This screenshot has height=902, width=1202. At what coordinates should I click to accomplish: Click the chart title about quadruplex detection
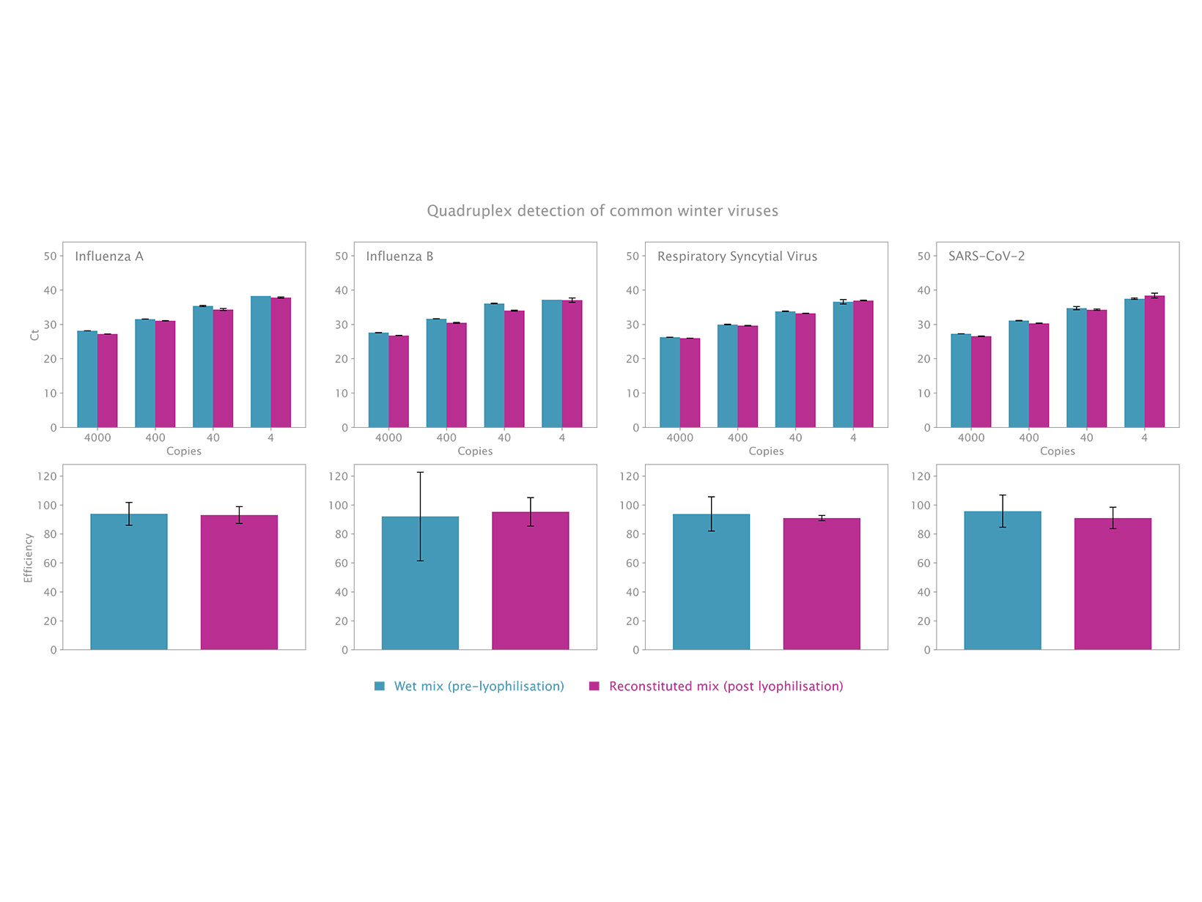(x=602, y=211)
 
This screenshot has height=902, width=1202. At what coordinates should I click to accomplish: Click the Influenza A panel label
(x=109, y=256)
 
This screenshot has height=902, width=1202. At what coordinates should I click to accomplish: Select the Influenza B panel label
(x=399, y=256)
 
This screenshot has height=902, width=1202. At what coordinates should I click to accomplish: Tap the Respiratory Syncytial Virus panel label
(x=737, y=256)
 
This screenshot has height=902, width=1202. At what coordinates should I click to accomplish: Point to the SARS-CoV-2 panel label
(x=986, y=256)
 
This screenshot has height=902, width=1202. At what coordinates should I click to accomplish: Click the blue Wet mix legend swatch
(x=380, y=687)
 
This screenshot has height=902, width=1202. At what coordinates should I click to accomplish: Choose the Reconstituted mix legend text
(x=726, y=687)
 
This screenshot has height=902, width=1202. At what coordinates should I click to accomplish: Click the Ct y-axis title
(x=34, y=335)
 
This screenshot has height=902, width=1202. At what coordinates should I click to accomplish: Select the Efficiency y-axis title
(x=29, y=558)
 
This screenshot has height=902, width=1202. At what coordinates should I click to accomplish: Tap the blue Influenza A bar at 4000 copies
(x=87, y=380)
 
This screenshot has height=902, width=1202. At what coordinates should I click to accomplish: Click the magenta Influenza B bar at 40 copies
(x=515, y=369)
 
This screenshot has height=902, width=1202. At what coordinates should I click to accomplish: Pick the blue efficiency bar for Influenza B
(x=420, y=583)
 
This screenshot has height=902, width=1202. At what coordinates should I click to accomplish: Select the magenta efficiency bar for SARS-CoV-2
(x=1113, y=584)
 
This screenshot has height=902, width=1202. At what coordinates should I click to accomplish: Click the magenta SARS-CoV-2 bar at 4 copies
(x=1154, y=362)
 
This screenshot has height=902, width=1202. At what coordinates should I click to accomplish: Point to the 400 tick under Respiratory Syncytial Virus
(x=737, y=438)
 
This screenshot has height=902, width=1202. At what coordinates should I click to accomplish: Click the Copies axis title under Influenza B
(x=475, y=451)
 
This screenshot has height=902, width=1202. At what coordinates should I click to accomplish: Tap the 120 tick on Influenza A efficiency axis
(x=47, y=476)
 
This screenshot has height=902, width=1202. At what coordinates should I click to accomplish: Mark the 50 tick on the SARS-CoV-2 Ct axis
(x=923, y=256)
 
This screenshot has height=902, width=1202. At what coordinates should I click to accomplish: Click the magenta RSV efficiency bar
(x=822, y=584)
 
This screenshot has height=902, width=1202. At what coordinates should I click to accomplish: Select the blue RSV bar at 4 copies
(x=843, y=365)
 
